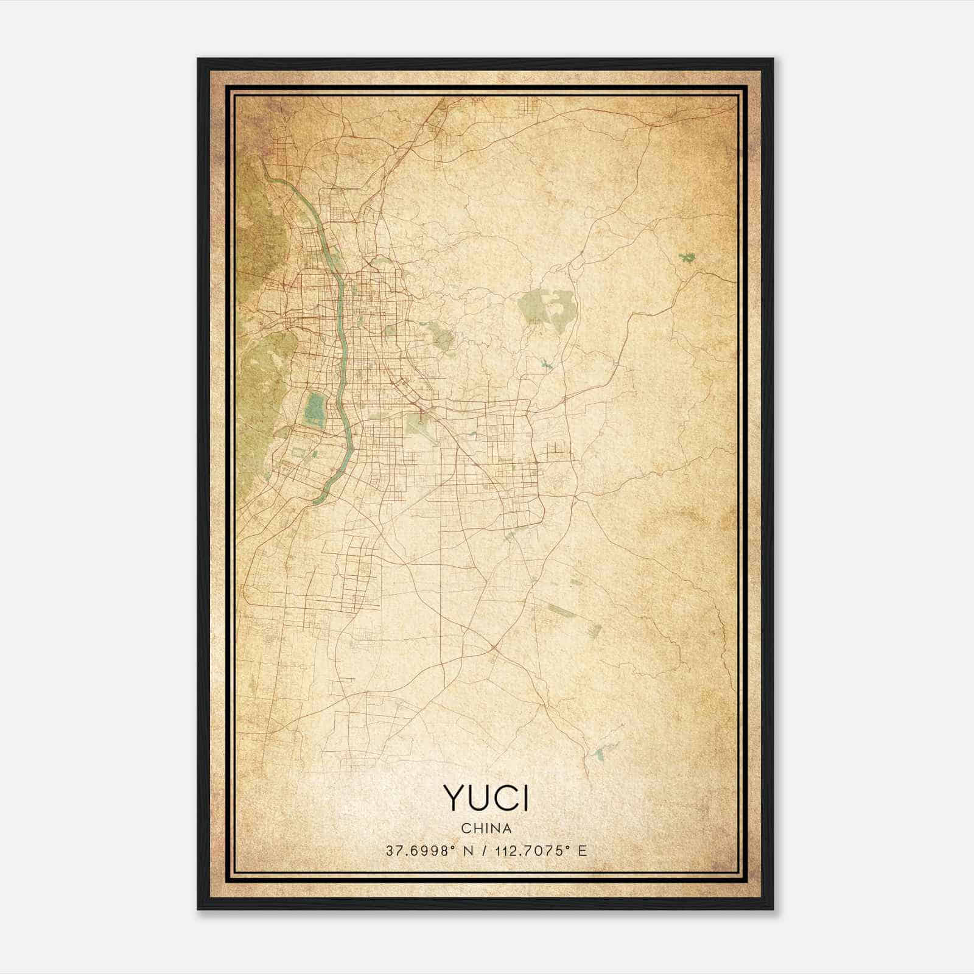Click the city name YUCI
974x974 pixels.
click(x=486, y=798)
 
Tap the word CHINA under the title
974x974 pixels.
click(x=486, y=829)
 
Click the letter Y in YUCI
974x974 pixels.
click(x=455, y=798)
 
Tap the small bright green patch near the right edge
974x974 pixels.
click(x=688, y=257)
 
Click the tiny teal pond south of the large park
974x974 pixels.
click(x=544, y=365)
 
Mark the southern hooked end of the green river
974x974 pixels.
click(x=315, y=500)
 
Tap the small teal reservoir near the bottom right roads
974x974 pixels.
click(x=601, y=754)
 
